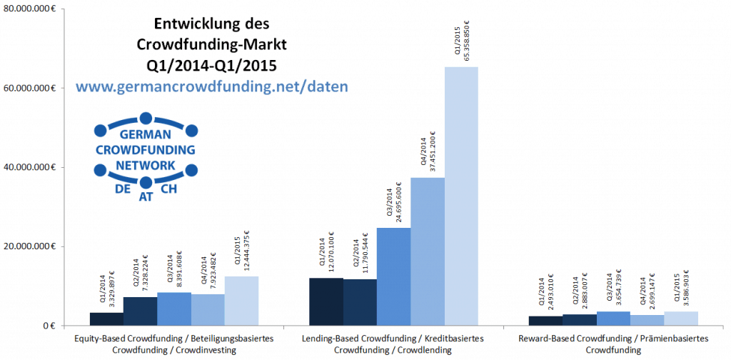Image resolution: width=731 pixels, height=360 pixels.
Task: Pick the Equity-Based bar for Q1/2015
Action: [x=241, y=301]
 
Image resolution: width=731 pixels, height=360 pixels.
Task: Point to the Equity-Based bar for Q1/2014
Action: [x=106, y=319]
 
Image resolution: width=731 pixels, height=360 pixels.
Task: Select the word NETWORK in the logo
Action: [x=145, y=164]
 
